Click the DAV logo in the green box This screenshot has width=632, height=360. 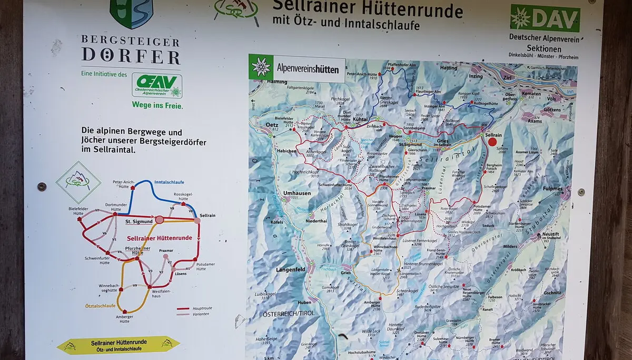[x=545, y=18]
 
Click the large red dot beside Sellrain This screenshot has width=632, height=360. [x=492, y=141]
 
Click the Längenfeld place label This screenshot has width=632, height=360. [x=290, y=269]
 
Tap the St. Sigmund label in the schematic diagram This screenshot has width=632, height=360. [x=139, y=222]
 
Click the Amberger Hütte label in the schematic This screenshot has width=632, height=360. [x=125, y=318]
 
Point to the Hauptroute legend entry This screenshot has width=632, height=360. [x=201, y=308]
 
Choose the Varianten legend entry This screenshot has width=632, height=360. [x=200, y=314]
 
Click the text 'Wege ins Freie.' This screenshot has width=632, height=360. [x=157, y=105]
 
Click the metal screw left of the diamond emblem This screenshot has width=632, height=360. [x=42, y=186]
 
